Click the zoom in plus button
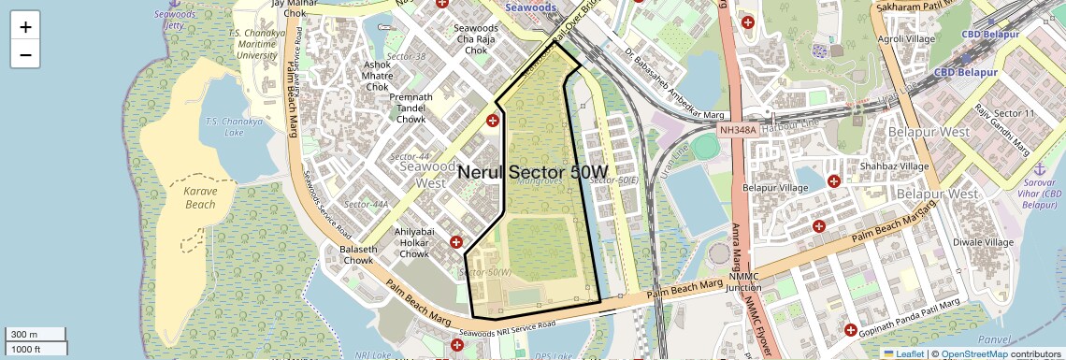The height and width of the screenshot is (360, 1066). [x=25, y=27]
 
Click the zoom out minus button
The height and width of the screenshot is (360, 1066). [x=25, y=54]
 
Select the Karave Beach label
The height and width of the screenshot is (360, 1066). [x=200, y=197]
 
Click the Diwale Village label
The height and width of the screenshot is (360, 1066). [x=983, y=241]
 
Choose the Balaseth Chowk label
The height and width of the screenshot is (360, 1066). [x=357, y=255]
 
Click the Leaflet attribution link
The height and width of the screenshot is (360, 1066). [x=904, y=353]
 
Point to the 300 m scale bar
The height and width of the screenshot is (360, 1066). [x=33, y=335]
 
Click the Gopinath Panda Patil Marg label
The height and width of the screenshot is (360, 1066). [x=911, y=315]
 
